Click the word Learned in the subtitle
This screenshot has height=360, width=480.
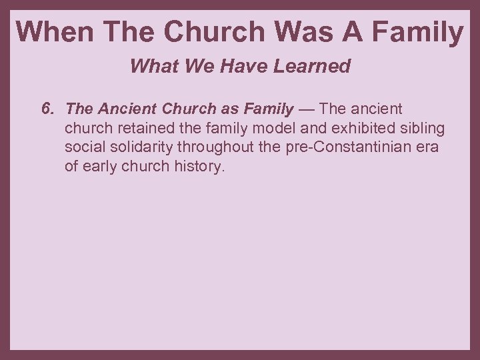click(317, 67)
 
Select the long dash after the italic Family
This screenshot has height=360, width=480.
click(306, 109)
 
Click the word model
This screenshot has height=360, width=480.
click(267, 128)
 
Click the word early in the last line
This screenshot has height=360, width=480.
click(99, 167)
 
